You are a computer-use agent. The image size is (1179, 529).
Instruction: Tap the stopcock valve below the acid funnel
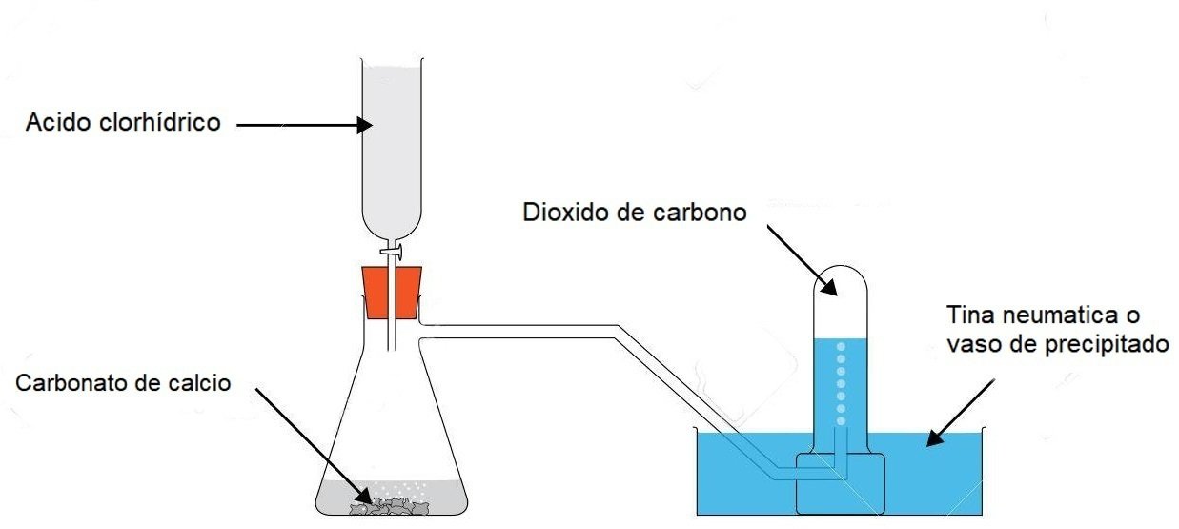click(x=392, y=252)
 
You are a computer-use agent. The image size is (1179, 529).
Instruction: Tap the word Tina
click(x=966, y=315)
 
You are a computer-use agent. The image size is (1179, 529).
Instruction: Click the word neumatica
click(x=1047, y=315)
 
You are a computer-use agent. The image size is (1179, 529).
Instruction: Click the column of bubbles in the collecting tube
click(x=841, y=381)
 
